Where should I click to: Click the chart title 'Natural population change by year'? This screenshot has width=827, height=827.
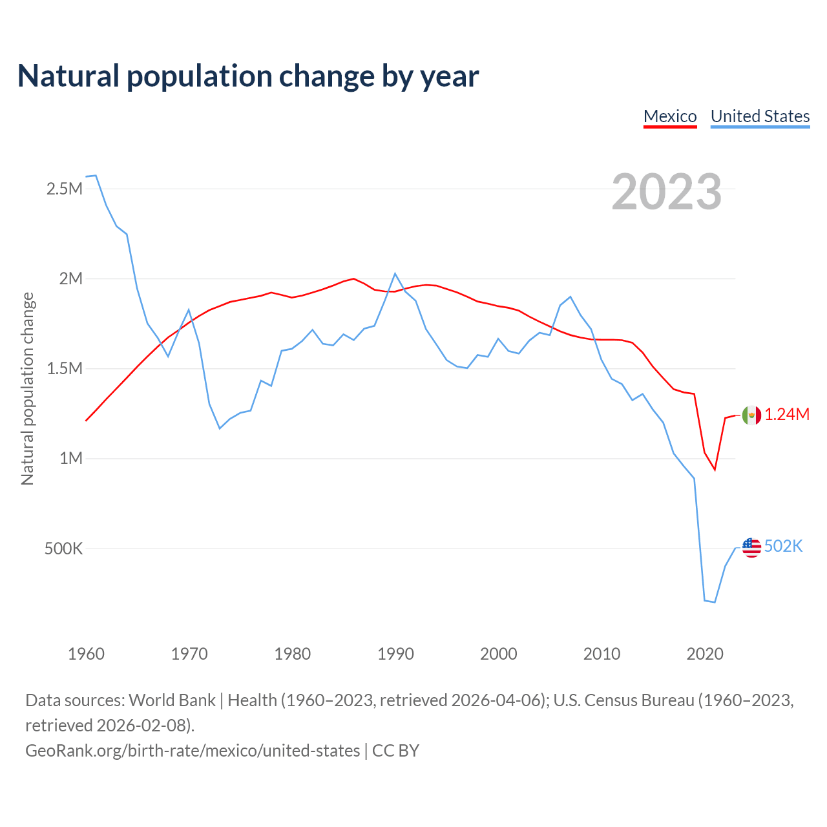coord(248,76)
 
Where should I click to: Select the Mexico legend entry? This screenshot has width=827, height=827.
coord(670,116)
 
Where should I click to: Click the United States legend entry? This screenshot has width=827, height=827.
coord(760,116)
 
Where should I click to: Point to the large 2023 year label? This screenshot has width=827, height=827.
coord(666,192)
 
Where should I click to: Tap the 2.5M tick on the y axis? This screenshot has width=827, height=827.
coord(65,189)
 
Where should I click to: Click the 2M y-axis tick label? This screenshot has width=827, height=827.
coord(71,279)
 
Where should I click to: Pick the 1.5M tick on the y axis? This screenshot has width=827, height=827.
coord(65,369)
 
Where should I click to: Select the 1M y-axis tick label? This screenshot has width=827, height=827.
coord(71,459)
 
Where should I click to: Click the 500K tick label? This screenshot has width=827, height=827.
coord(63,549)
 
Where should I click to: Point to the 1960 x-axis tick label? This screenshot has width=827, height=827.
coord(86,654)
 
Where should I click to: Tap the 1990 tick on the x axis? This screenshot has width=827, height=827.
coord(395,654)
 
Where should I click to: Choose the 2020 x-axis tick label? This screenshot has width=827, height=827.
coord(705,654)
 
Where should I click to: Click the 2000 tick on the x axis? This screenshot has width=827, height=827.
coord(499,654)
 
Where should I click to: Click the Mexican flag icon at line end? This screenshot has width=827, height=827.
coord(751,415)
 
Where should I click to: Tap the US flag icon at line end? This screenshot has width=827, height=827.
coord(751,547)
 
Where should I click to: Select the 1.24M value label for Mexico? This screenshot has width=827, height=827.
coord(787,415)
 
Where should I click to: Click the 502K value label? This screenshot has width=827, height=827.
coord(783,547)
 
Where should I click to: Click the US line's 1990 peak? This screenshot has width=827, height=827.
coord(395,273)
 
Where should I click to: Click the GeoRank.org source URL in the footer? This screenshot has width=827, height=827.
coord(193,751)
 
